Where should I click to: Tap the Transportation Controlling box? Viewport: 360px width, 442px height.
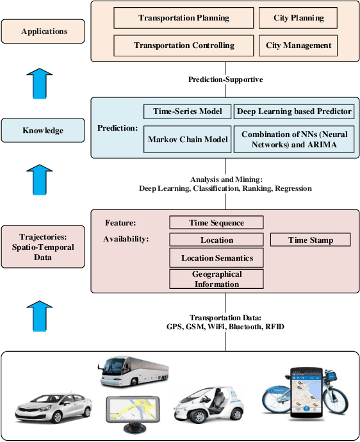point(184,45)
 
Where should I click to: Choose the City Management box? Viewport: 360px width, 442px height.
point(299,45)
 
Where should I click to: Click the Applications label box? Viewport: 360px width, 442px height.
point(44,31)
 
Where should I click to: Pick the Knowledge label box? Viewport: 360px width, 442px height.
point(44,131)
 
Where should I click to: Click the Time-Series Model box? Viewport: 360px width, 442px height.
point(187,111)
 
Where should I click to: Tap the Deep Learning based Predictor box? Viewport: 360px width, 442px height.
point(294,111)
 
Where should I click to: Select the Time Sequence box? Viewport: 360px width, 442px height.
point(217,223)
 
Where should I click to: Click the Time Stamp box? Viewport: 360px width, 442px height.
point(311,240)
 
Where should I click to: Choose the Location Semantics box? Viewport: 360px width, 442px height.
point(217,258)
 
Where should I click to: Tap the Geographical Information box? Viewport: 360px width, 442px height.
point(217,279)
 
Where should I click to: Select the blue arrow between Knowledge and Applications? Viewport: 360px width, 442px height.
point(44,82)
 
